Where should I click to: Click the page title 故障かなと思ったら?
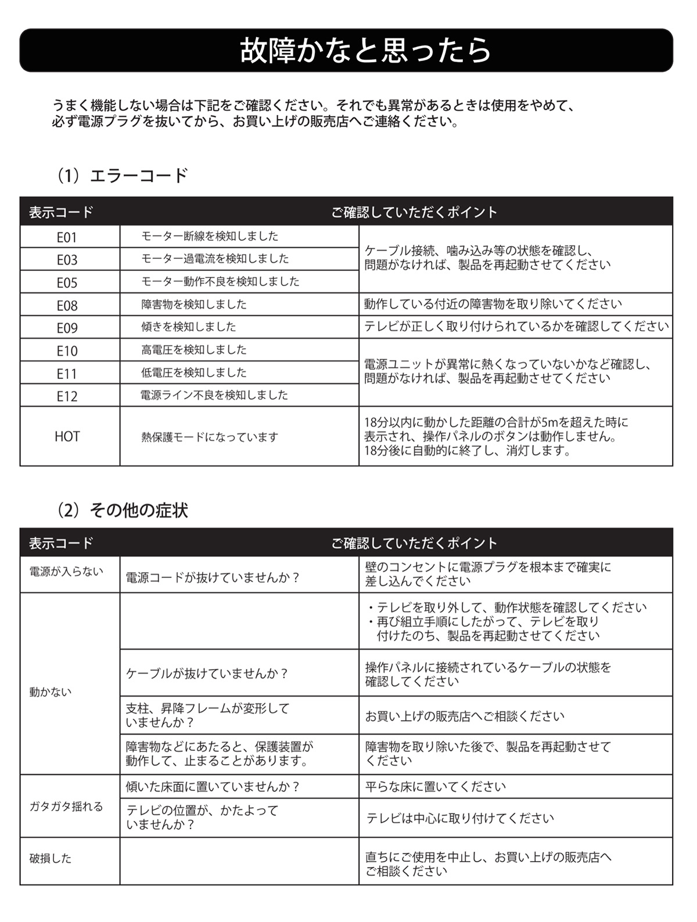pos(365,50)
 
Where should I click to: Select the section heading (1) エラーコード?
pos(122,175)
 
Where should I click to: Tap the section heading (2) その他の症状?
pos(122,510)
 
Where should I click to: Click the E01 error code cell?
pos(67,237)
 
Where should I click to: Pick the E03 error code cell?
pos(67,260)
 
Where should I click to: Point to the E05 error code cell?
pos(67,283)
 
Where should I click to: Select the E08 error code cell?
pos(67,305)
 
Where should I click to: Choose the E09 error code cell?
pos(67,328)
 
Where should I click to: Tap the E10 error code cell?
pos(67,350)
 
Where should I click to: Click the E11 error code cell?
pos(67,373)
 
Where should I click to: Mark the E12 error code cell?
pos(67,396)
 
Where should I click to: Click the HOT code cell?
pos(67,436)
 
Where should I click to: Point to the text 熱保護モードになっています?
pos(210,437)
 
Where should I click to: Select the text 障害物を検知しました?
pos(194,304)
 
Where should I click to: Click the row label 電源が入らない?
pos(66,572)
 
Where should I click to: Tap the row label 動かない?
pos(51,692)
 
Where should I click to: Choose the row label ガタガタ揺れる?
pos(66,807)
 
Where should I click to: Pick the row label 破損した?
pos(51,858)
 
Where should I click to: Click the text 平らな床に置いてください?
pos(436,787)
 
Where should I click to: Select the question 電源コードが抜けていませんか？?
pos(213,578)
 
